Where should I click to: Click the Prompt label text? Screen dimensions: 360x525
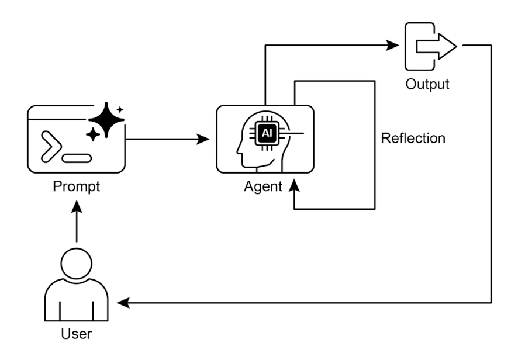77,188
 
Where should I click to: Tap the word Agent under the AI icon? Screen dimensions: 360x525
262,186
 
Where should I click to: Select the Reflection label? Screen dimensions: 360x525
413,139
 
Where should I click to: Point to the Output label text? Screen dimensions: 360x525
427,84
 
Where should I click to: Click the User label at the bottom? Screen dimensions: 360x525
77,335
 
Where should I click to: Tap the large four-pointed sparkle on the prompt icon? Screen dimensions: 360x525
106,120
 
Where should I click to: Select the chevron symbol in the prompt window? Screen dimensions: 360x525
49,146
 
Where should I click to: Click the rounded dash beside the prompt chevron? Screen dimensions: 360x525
78,157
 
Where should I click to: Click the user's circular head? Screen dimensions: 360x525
77,261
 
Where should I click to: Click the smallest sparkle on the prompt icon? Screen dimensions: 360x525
120,109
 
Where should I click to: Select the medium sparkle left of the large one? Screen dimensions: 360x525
92,134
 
